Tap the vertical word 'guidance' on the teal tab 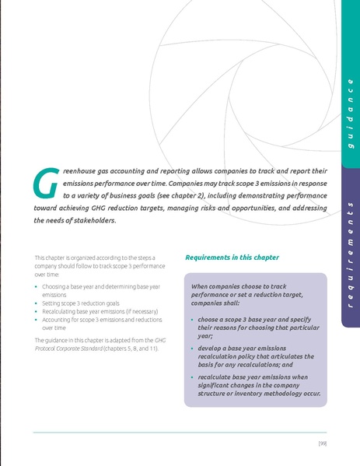(351, 114)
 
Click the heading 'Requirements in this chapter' (232, 258)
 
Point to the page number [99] (323, 443)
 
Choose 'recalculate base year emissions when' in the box (247, 377)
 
